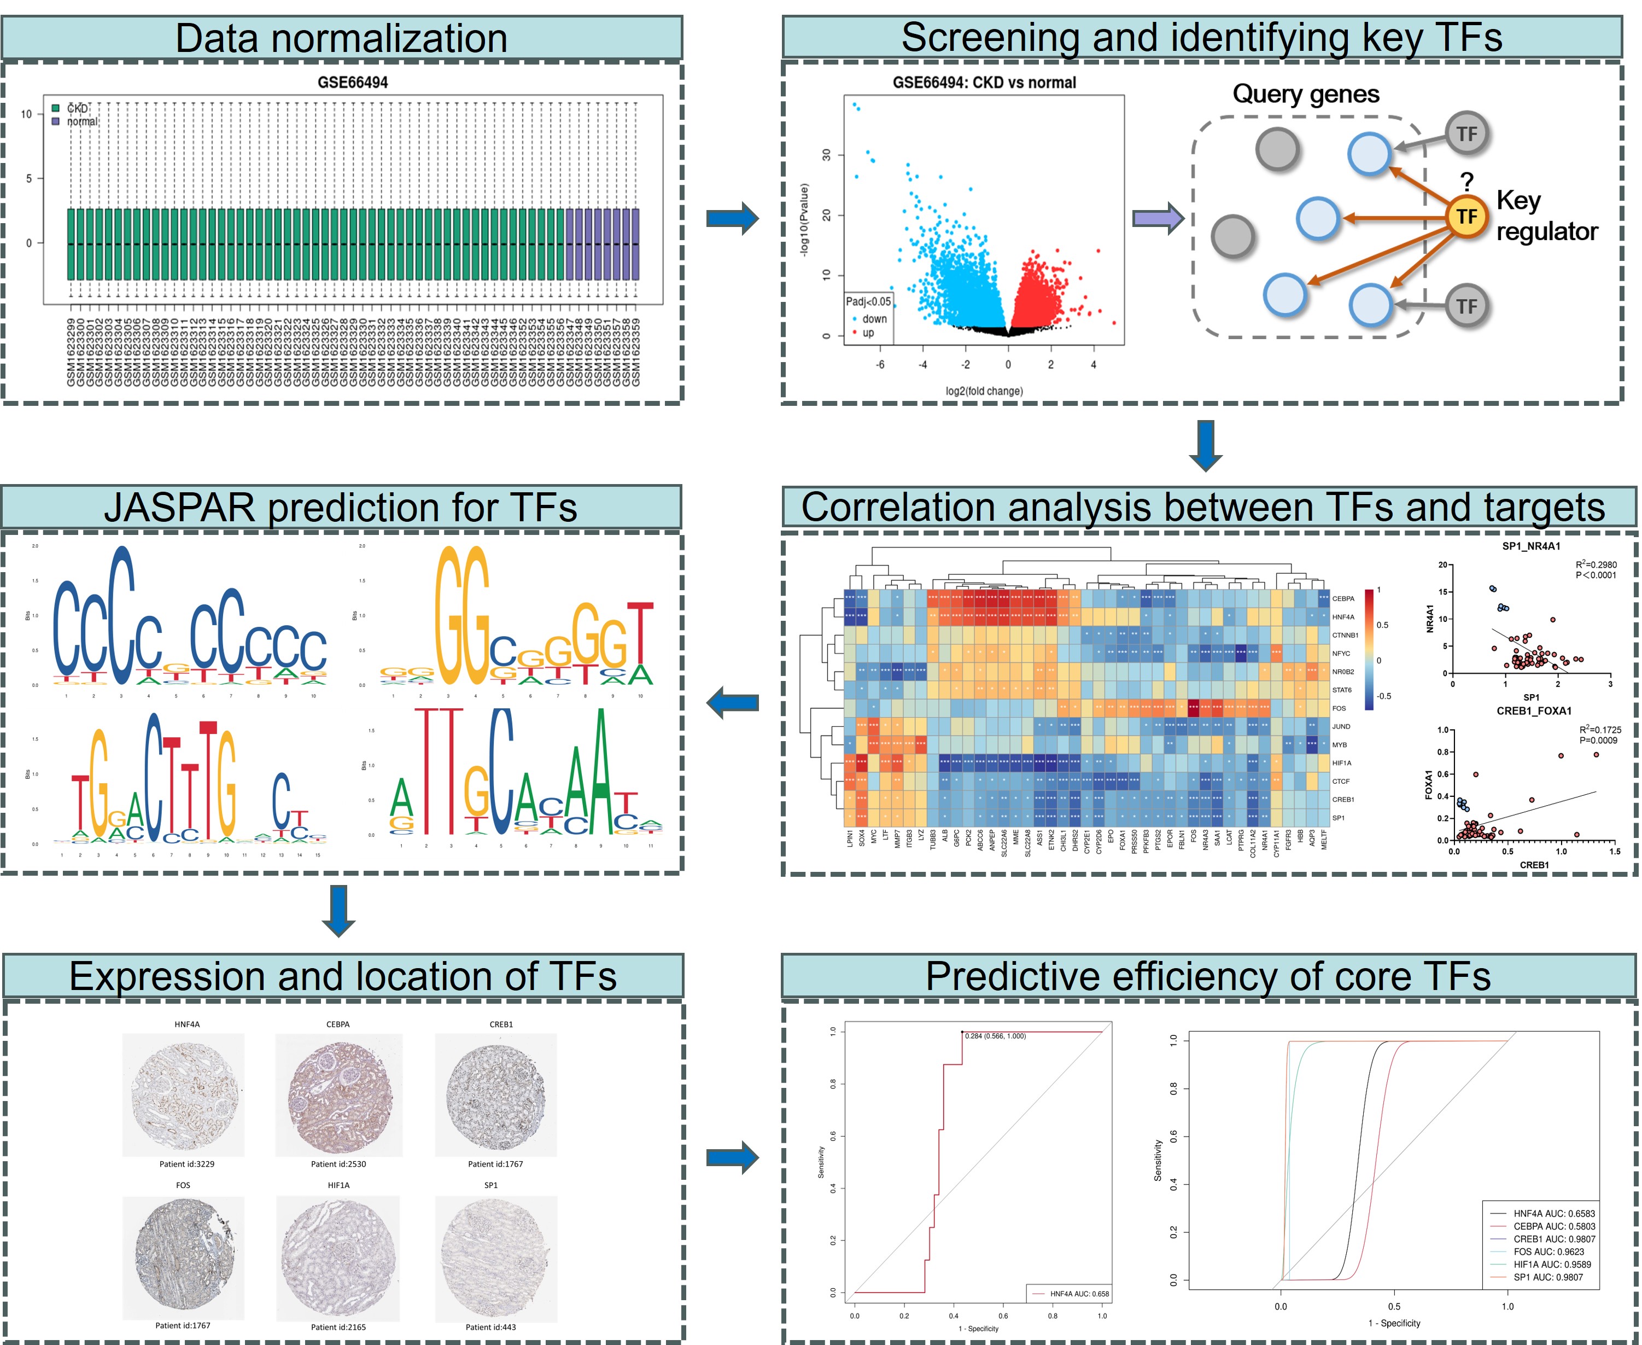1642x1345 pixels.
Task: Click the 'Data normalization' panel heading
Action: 342,38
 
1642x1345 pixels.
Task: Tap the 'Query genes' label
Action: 1306,94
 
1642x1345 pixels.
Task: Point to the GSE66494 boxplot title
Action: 353,82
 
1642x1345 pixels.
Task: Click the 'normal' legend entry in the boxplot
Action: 81,121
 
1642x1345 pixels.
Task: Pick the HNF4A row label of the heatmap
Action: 1343,617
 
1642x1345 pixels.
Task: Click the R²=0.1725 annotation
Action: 1599,730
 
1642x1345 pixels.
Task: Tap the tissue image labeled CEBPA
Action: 339,1094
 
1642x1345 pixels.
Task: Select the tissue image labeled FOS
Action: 184,1255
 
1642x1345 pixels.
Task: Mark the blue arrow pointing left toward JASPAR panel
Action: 732,703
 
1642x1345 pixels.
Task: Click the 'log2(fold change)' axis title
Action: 984,391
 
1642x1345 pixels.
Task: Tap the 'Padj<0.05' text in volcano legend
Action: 868,301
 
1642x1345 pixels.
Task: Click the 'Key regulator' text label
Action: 1546,216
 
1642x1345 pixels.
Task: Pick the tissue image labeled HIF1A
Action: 339,1255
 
